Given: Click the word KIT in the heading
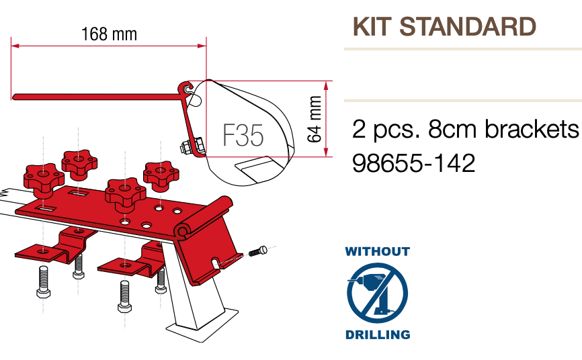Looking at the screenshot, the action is coord(372,26).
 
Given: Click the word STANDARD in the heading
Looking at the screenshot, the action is coord(468,26).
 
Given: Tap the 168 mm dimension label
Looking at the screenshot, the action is coord(109,34).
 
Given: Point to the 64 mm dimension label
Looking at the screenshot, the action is coord(315,119).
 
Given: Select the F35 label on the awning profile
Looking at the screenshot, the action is coord(243,135).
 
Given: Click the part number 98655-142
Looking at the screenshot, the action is coord(413,163).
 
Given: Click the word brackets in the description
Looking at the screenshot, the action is coord(532,129).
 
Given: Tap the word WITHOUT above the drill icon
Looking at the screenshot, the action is coord(378,252).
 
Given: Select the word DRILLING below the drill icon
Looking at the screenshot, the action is coord(378,334).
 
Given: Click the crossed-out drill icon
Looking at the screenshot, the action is coord(378,293).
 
